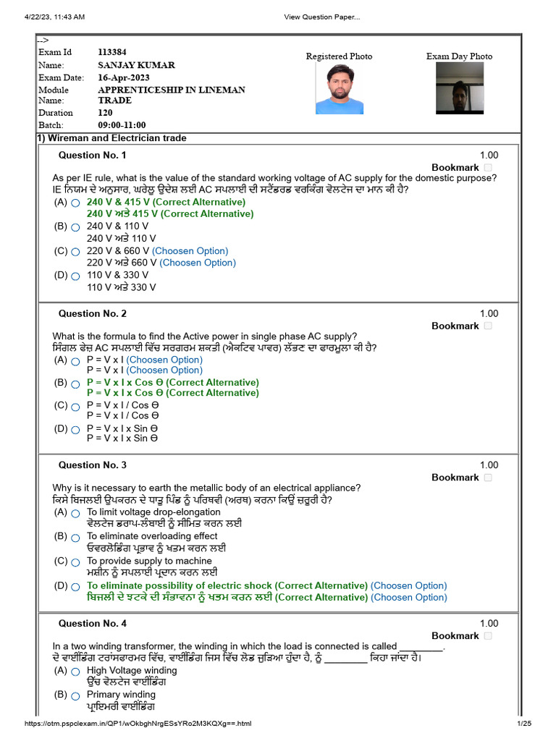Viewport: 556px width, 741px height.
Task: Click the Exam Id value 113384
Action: [113, 52]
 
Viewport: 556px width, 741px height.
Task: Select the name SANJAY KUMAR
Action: [136, 65]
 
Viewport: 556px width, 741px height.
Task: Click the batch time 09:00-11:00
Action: [122, 125]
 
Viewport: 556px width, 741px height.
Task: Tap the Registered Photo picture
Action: [339, 90]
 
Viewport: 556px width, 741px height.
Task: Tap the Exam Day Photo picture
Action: [459, 88]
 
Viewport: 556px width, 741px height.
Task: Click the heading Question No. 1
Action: [92, 156]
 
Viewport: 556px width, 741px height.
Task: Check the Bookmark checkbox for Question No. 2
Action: [488, 326]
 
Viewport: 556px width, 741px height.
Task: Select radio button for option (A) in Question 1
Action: [75, 203]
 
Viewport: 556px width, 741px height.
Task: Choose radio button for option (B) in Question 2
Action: [75, 384]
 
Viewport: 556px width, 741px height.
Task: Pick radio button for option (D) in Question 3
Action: [75, 587]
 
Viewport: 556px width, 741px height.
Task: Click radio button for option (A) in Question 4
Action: [75, 672]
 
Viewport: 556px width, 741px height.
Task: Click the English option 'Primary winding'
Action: [121, 695]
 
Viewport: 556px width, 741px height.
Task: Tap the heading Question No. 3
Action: [92, 465]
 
